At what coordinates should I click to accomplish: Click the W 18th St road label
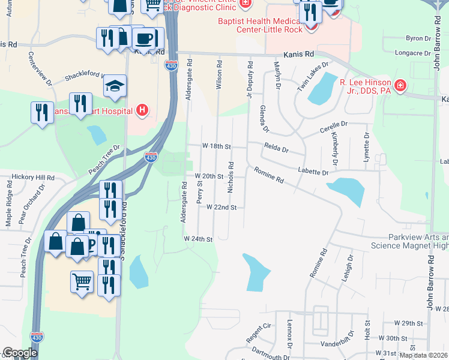tap(217, 146)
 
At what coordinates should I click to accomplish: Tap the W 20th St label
tap(209, 176)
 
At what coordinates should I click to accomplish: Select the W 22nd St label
tap(221, 207)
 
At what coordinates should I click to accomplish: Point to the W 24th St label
tap(199, 239)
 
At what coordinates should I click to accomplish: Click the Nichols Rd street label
tap(231, 176)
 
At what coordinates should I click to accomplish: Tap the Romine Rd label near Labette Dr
tap(268, 175)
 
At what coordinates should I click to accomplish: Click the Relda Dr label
tap(276, 148)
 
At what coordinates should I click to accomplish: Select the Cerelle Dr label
tap(334, 126)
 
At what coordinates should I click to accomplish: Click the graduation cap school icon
tap(115, 86)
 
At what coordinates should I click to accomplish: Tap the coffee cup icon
tap(143, 39)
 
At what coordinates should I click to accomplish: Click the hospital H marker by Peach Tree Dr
tap(142, 110)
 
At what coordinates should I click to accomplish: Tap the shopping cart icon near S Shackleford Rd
tap(82, 280)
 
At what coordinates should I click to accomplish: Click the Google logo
tap(20, 353)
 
